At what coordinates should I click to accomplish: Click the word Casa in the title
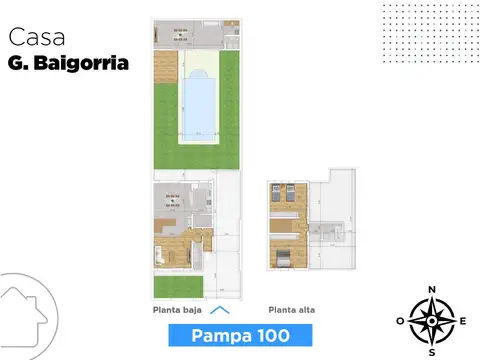tap(38, 37)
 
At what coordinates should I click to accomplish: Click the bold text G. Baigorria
tap(68, 62)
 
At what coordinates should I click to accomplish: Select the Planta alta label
tap(291, 311)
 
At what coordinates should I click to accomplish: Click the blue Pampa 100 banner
tap(236, 334)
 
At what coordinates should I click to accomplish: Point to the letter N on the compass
tap(432, 290)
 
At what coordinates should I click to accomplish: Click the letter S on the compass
tap(432, 352)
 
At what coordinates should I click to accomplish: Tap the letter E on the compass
tap(464, 321)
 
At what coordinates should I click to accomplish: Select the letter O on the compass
tap(400, 321)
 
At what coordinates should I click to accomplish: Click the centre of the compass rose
tap(432, 321)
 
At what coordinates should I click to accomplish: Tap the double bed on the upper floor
tap(281, 257)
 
